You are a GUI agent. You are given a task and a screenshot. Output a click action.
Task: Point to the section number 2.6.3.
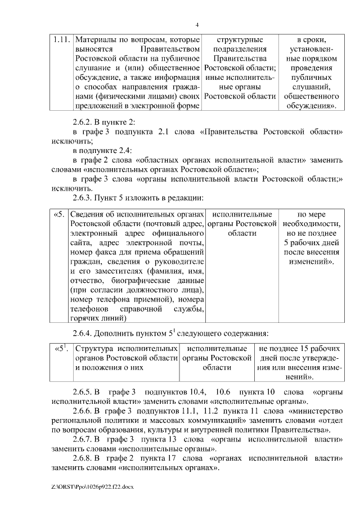click(84, 197)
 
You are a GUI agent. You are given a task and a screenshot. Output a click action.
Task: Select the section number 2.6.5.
click(84, 392)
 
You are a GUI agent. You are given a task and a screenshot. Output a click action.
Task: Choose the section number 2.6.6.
click(84, 411)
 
